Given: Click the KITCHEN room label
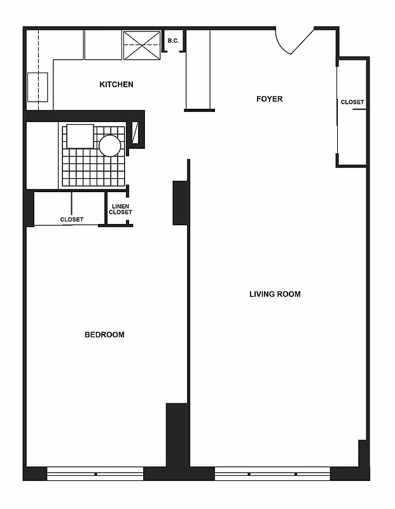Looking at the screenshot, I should coord(116,85).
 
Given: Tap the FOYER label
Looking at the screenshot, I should coord(269,99).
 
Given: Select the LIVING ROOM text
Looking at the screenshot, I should coord(275,294).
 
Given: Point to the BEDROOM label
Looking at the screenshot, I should coord(104,335).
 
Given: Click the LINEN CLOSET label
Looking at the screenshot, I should coord(120,209).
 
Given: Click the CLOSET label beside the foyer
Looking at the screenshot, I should coord(352,102).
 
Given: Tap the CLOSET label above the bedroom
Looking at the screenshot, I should coord(72,220).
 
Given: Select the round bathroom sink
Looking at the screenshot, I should coord(109,146).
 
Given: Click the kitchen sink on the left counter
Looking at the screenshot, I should coord(38,87).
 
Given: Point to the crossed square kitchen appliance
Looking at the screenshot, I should coord(141,45).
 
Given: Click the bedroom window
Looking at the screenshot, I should coord(95,473).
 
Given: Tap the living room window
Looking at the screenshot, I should coord(272,473).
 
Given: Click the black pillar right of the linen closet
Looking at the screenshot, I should coord(180,203).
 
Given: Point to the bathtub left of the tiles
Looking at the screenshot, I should coord(42,156).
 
